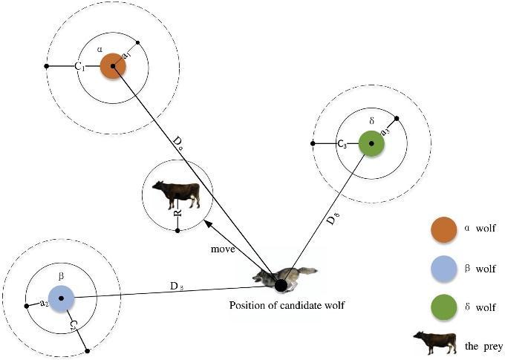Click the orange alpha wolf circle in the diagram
(113, 66)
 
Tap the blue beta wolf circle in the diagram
(62, 298)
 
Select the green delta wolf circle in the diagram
(371, 143)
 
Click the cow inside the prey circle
(177, 194)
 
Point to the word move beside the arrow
(222, 249)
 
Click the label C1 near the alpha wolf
(80, 66)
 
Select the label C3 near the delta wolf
(342, 144)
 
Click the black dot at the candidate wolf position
(281, 284)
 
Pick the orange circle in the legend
(443, 229)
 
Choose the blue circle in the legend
(443, 268)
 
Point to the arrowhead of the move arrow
(207, 222)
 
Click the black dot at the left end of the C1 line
(47, 67)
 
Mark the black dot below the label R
(177, 230)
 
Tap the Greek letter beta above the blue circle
(62, 275)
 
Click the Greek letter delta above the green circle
(371, 119)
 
